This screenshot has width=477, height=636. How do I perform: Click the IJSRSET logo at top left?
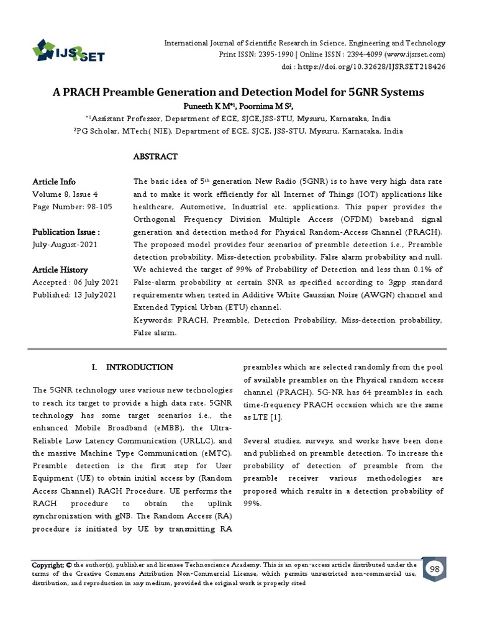click(x=68, y=50)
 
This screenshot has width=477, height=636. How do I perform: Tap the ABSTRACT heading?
click(x=155, y=157)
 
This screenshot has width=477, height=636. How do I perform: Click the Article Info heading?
click(x=54, y=182)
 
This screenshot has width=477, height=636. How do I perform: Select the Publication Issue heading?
click(x=66, y=232)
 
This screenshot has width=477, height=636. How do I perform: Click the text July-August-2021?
click(x=65, y=245)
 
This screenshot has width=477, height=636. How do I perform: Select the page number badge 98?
click(x=435, y=570)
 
